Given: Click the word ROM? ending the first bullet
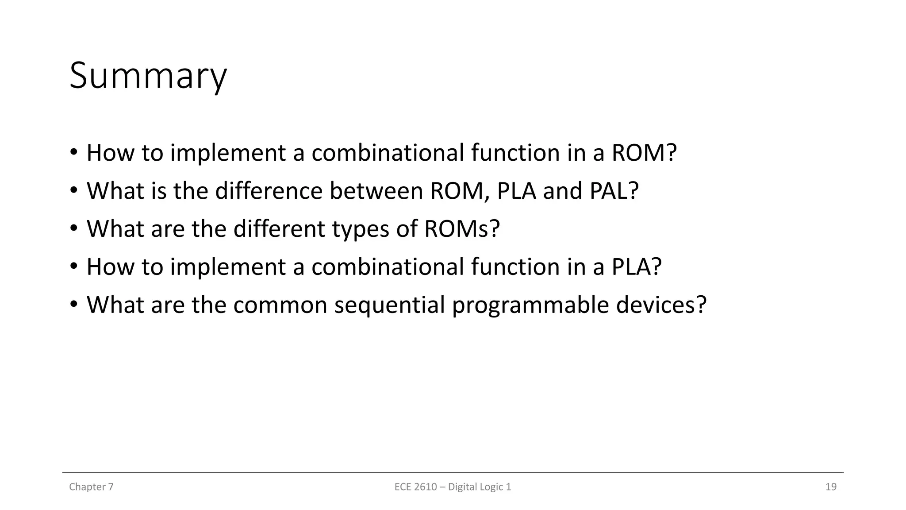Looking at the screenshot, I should (644, 153).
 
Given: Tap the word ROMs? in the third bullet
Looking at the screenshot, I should (461, 229).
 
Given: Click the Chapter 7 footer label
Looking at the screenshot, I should (91, 487).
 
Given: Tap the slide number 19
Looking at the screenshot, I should (831, 487).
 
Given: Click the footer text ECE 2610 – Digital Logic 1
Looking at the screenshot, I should (453, 487).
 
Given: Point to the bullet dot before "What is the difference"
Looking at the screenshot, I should (73, 191).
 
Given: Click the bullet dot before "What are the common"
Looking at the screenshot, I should (73, 305).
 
